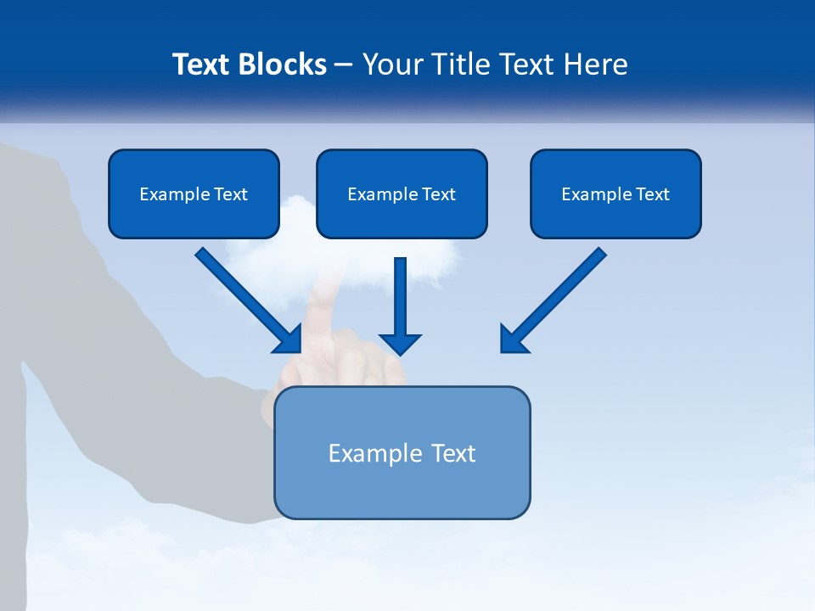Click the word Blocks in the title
[283, 64]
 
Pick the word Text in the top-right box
[652, 194]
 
